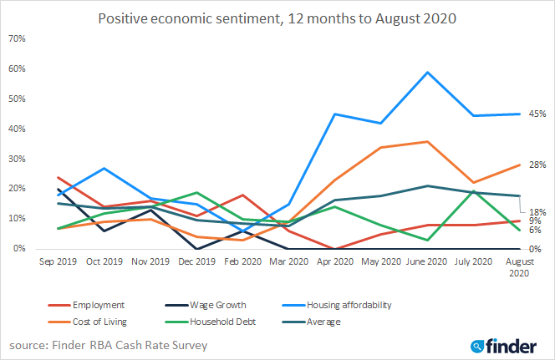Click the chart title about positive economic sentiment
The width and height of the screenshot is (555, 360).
[x=277, y=18]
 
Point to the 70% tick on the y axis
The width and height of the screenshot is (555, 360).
[x=17, y=39]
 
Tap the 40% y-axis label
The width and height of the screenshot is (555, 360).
[x=17, y=129]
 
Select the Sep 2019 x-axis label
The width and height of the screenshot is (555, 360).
[x=58, y=262]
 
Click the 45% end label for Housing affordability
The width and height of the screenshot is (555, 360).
[x=537, y=114]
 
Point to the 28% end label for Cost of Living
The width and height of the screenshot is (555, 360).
[x=537, y=165]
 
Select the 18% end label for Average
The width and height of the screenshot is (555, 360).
[x=537, y=212]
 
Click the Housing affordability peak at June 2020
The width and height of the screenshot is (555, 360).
[x=428, y=72]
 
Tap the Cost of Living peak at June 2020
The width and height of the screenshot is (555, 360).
[x=428, y=141]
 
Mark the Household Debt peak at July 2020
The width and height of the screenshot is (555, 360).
[x=475, y=191]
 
